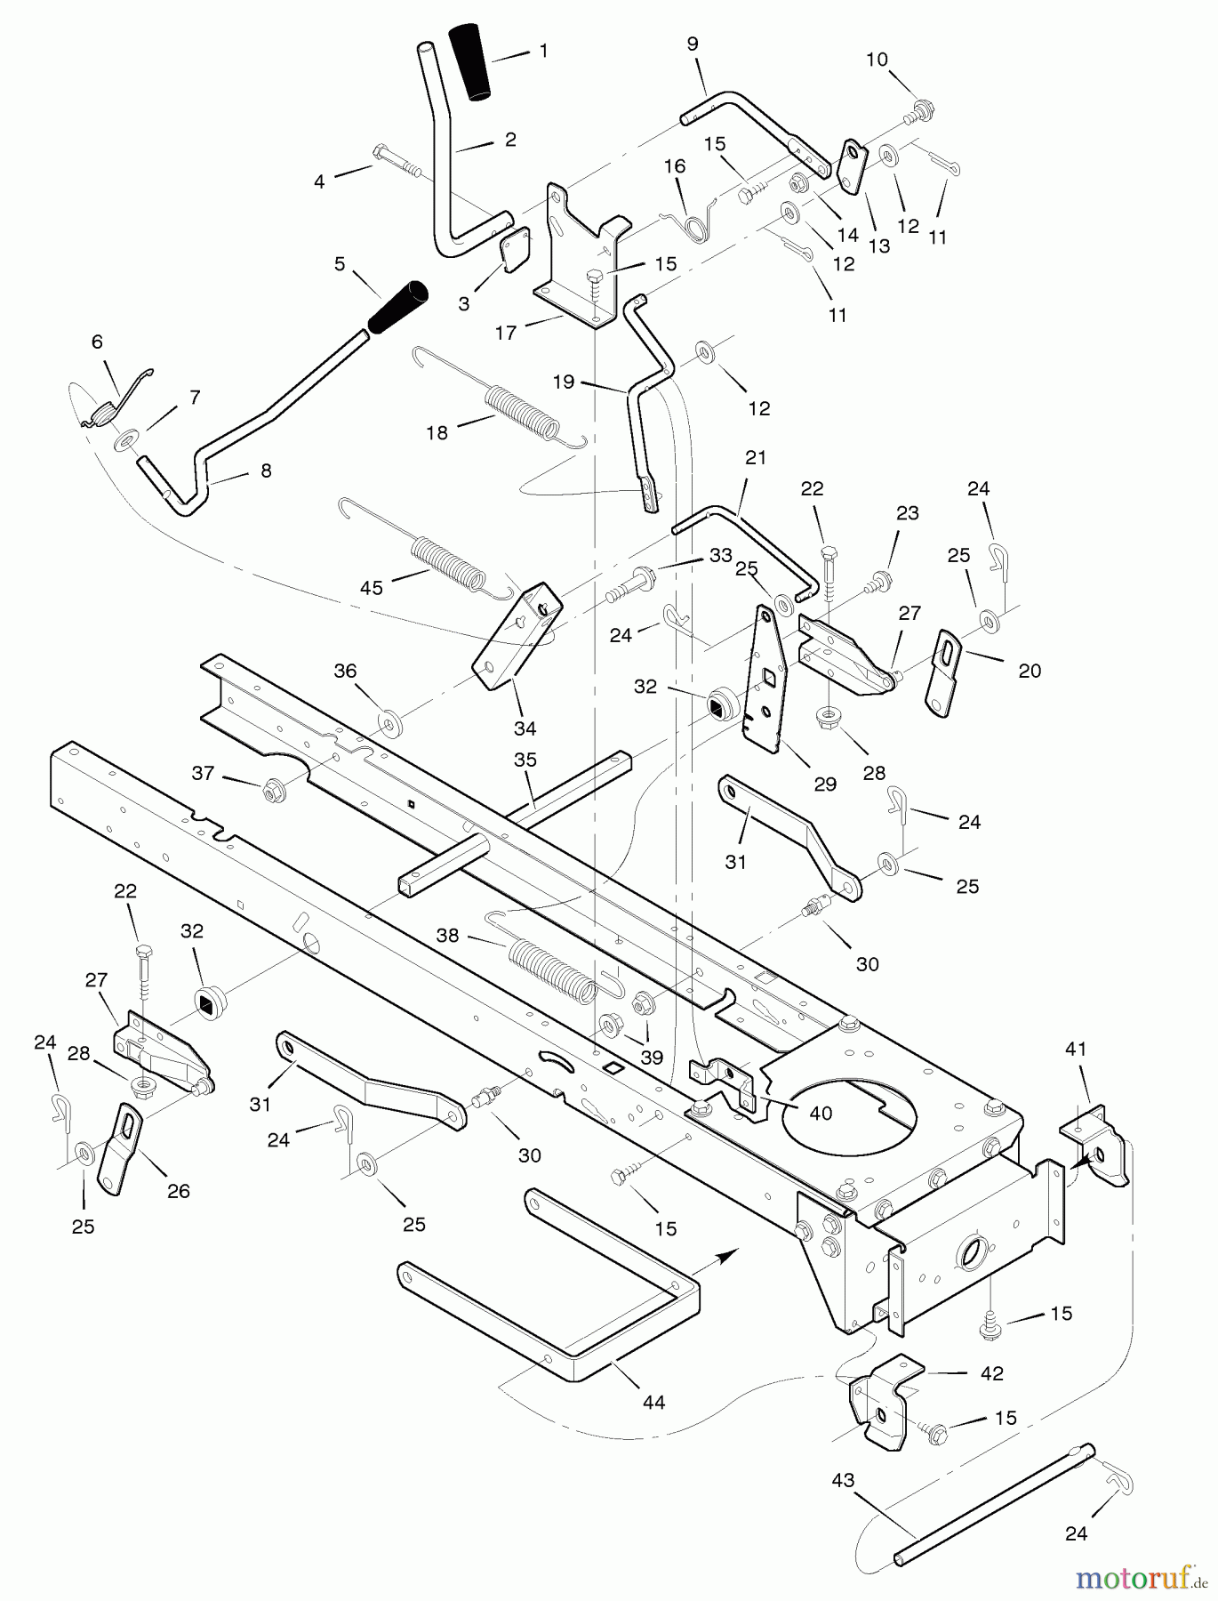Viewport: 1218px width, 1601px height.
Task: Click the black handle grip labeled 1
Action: click(x=471, y=60)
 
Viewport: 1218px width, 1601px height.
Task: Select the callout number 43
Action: click(x=843, y=1480)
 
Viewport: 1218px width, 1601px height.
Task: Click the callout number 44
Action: click(x=653, y=1402)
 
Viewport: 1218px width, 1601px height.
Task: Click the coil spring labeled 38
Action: click(x=551, y=969)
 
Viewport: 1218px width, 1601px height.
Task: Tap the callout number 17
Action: click(x=506, y=334)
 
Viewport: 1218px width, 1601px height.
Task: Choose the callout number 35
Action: click(x=525, y=760)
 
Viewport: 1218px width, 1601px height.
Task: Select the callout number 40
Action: click(x=820, y=1113)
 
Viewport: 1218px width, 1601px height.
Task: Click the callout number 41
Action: click(x=1076, y=1049)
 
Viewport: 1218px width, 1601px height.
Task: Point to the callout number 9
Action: click(x=693, y=44)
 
